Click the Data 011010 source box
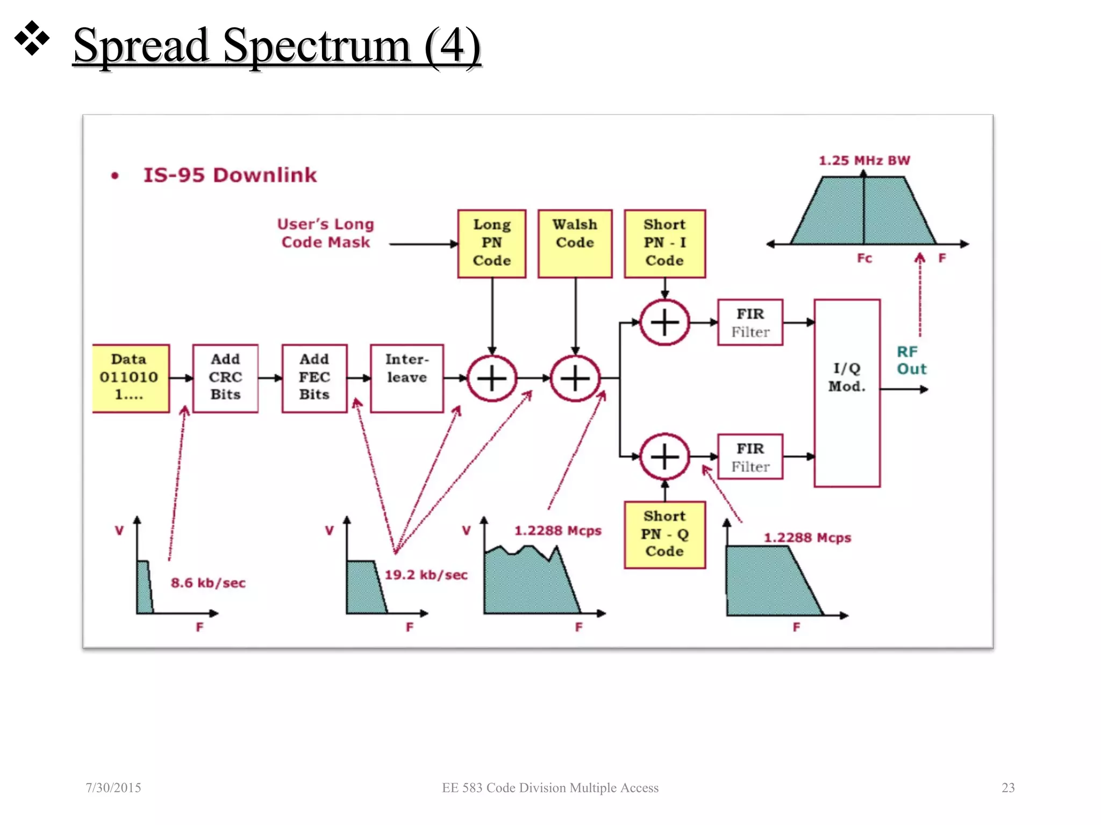[x=130, y=378]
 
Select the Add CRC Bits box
[x=225, y=378]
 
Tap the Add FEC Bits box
[x=314, y=378]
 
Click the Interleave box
[x=407, y=378]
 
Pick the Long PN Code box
[x=491, y=243]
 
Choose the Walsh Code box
[x=575, y=243]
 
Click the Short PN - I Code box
[x=664, y=243]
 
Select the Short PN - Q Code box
[x=664, y=534]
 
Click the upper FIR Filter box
[x=750, y=322]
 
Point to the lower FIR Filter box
[x=750, y=457]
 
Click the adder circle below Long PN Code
[x=491, y=379]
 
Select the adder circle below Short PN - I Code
[x=665, y=322]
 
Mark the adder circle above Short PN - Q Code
[x=665, y=457]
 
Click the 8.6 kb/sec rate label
[x=208, y=583]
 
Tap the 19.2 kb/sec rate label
[x=426, y=575]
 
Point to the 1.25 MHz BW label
[x=864, y=161]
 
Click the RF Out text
[x=911, y=360]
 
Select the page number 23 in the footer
[x=1008, y=787]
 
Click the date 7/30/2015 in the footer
[x=113, y=787]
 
